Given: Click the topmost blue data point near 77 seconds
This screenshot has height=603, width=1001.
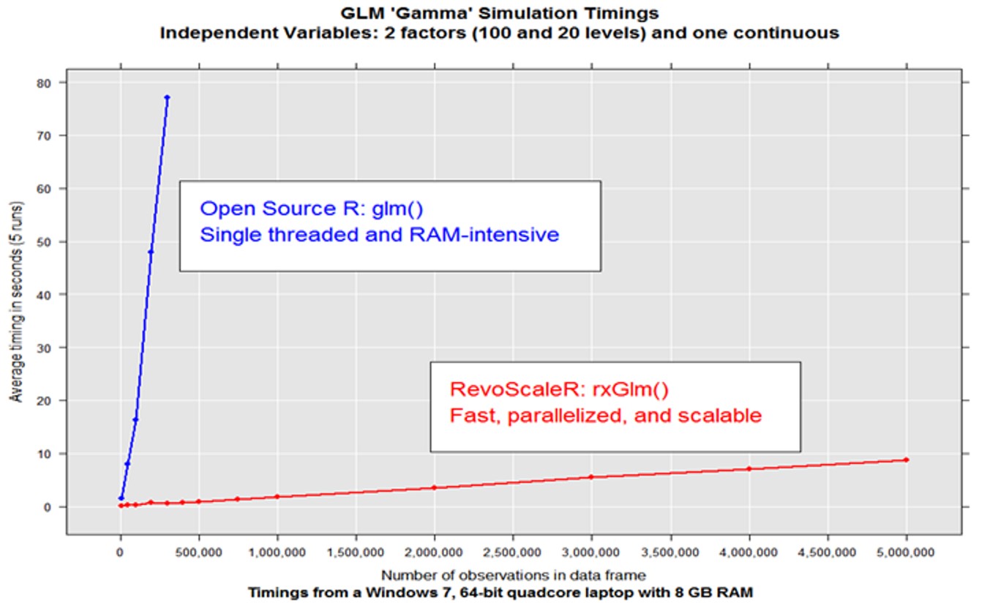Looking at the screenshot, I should pos(167,97).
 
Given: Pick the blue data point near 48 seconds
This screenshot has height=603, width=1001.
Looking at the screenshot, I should pos(151,252).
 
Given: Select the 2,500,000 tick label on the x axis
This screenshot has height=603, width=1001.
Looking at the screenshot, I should pos(513,554).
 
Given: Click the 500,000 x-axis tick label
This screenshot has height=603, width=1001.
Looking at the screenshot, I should pos(198,554).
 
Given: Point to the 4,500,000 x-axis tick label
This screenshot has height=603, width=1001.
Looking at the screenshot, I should pos(828,554).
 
